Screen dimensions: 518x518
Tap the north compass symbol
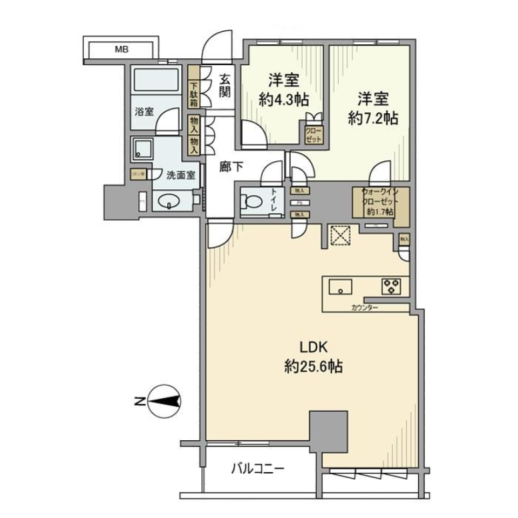[165, 401]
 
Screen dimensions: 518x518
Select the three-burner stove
[391, 286]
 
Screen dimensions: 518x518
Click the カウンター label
[364, 308]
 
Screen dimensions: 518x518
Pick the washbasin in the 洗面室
[171, 202]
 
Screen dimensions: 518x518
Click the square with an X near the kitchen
[340, 235]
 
